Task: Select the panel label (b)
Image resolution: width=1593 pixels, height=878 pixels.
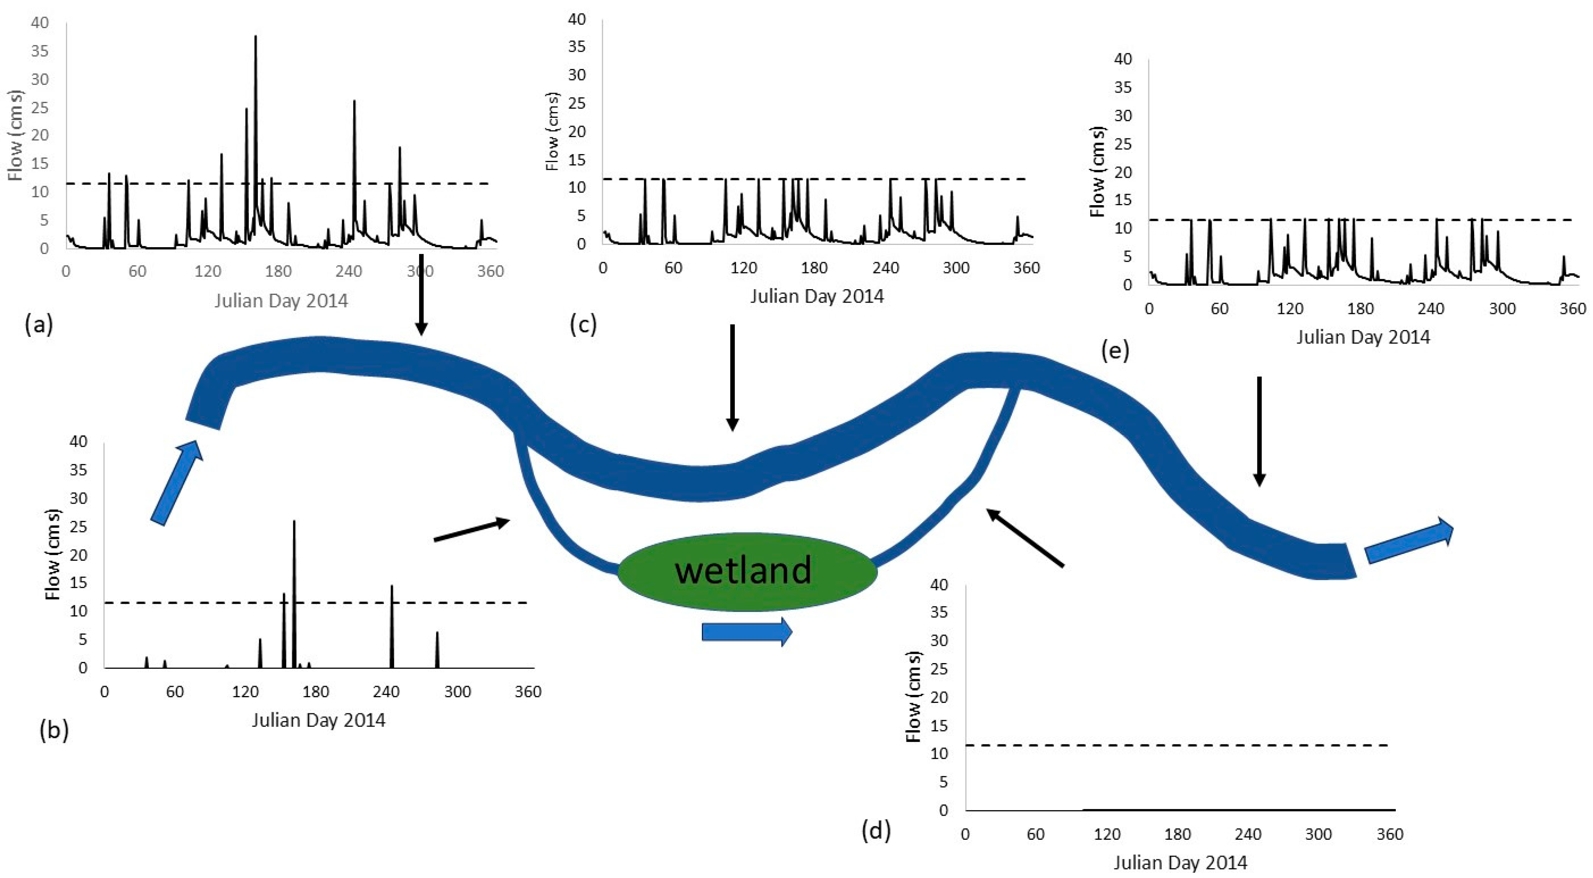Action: [x=54, y=730]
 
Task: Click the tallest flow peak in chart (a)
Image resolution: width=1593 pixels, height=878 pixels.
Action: [x=255, y=37]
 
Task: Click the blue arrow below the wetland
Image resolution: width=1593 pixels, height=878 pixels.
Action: [x=746, y=632]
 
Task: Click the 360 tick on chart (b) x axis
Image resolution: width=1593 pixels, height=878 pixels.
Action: [x=528, y=691]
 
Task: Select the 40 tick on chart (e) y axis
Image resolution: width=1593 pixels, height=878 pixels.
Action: [x=1122, y=59]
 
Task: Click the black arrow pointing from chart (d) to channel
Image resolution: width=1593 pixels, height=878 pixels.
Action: [x=1025, y=536]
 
